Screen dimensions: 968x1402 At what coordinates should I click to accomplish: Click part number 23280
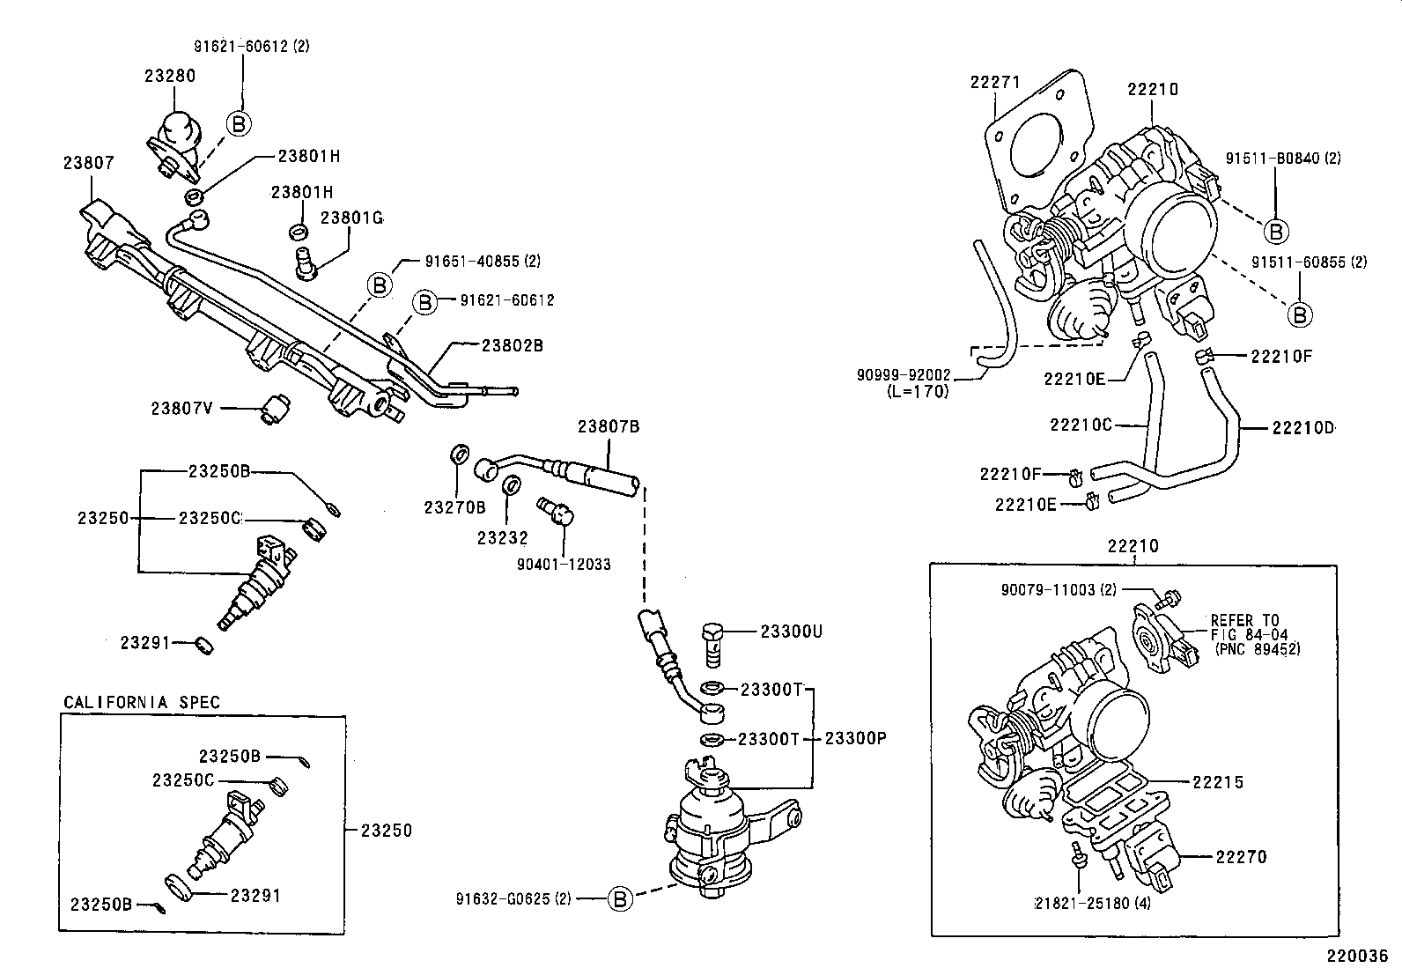(170, 76)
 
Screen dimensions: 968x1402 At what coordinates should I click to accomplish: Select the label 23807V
(181, 408)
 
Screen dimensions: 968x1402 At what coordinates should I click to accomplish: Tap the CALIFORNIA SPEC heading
(142, 702)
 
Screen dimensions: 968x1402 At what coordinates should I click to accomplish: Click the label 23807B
(608, 427)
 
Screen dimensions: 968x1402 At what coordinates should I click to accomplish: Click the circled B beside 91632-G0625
(621, 898)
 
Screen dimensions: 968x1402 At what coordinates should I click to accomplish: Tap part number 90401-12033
(564, 564)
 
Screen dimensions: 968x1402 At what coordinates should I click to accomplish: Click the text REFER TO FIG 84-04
(1244, 626)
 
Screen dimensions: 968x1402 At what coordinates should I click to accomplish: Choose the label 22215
(1218, 782)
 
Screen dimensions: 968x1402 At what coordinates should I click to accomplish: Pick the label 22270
(1241, 856)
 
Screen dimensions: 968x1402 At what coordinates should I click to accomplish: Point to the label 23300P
(854, 738)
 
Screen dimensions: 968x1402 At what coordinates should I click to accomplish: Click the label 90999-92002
(903, 374)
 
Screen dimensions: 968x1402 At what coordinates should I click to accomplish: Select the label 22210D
(1302, 428)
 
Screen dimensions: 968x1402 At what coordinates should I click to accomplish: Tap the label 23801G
(350, 218)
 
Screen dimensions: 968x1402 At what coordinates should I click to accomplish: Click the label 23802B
(512, 346)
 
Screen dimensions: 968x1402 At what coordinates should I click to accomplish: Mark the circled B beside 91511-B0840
(1275, 231)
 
